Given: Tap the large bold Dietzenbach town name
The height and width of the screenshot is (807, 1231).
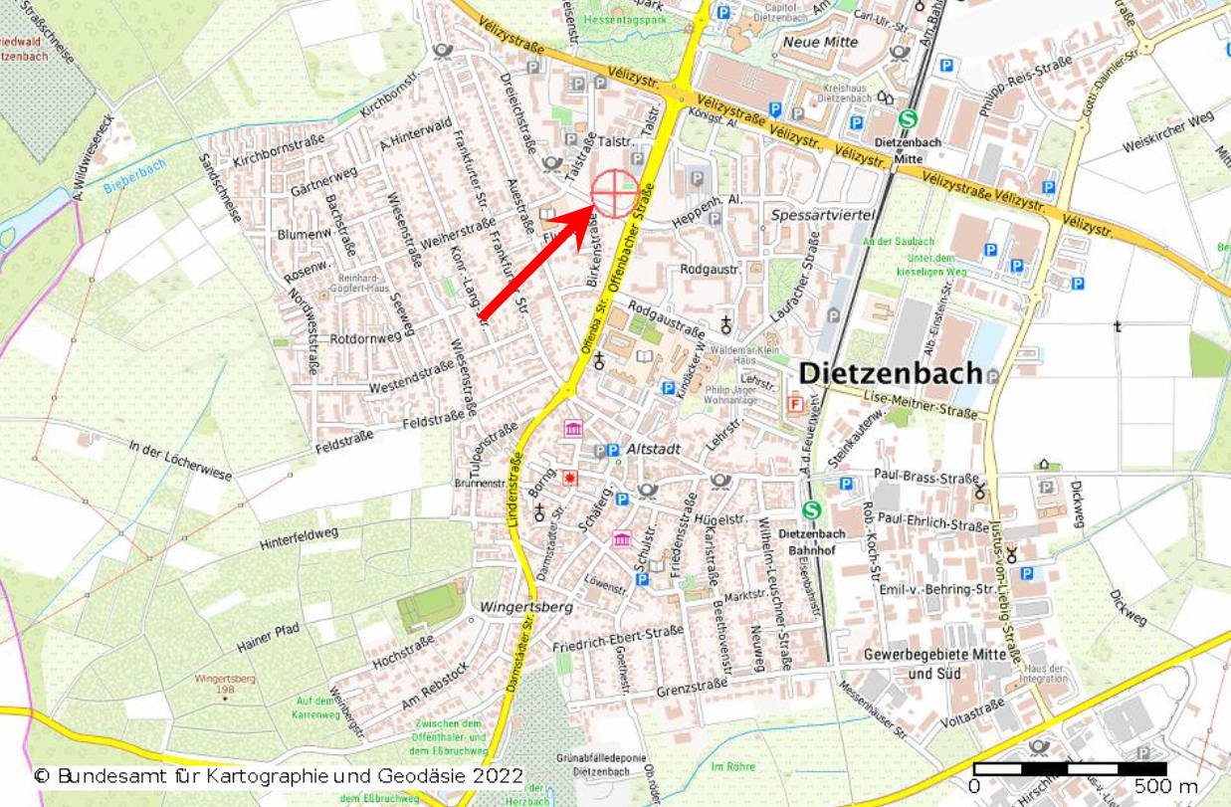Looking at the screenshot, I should [890, 373].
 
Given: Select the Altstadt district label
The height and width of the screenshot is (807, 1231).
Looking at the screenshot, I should [654, 450].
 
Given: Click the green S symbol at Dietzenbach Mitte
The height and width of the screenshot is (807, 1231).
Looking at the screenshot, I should [907, 118].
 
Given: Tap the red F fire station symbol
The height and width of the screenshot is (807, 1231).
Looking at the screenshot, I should [794, 404].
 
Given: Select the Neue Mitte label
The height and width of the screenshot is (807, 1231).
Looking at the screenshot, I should [820, 42].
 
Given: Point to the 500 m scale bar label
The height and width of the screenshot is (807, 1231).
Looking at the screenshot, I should [1165, 786].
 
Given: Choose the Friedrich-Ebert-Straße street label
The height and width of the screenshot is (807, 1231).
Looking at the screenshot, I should [617, 642].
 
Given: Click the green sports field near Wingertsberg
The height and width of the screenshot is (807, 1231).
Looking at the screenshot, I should [430, 607].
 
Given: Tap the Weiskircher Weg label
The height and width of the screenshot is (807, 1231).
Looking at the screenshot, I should [1168, 132].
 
